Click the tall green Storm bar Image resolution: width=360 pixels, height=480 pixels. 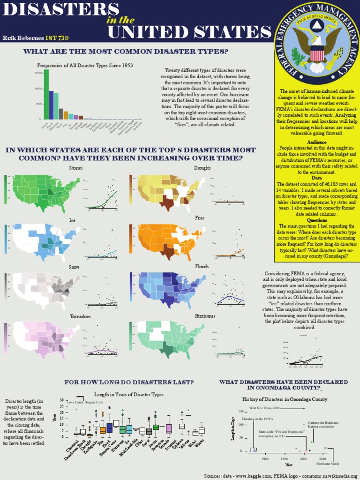click(x=46, y=94)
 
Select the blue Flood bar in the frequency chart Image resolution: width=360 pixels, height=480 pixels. click(x=52, y=105)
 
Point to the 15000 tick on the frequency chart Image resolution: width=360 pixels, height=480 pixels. click(x=38, y=73)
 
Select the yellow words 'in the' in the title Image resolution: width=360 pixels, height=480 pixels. click(x=121, y=20)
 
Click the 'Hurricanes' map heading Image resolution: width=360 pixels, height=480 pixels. click(x=205, y=316)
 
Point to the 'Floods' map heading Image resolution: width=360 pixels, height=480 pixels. click(x=202, y=266)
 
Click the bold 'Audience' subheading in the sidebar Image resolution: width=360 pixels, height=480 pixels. click(x=317, y=142)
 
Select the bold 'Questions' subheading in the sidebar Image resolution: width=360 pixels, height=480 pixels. click(x=317, y=220)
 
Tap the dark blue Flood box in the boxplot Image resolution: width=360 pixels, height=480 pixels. click(x=110, y=427)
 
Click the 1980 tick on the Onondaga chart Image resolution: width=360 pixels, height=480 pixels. click(x=266, y=459)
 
